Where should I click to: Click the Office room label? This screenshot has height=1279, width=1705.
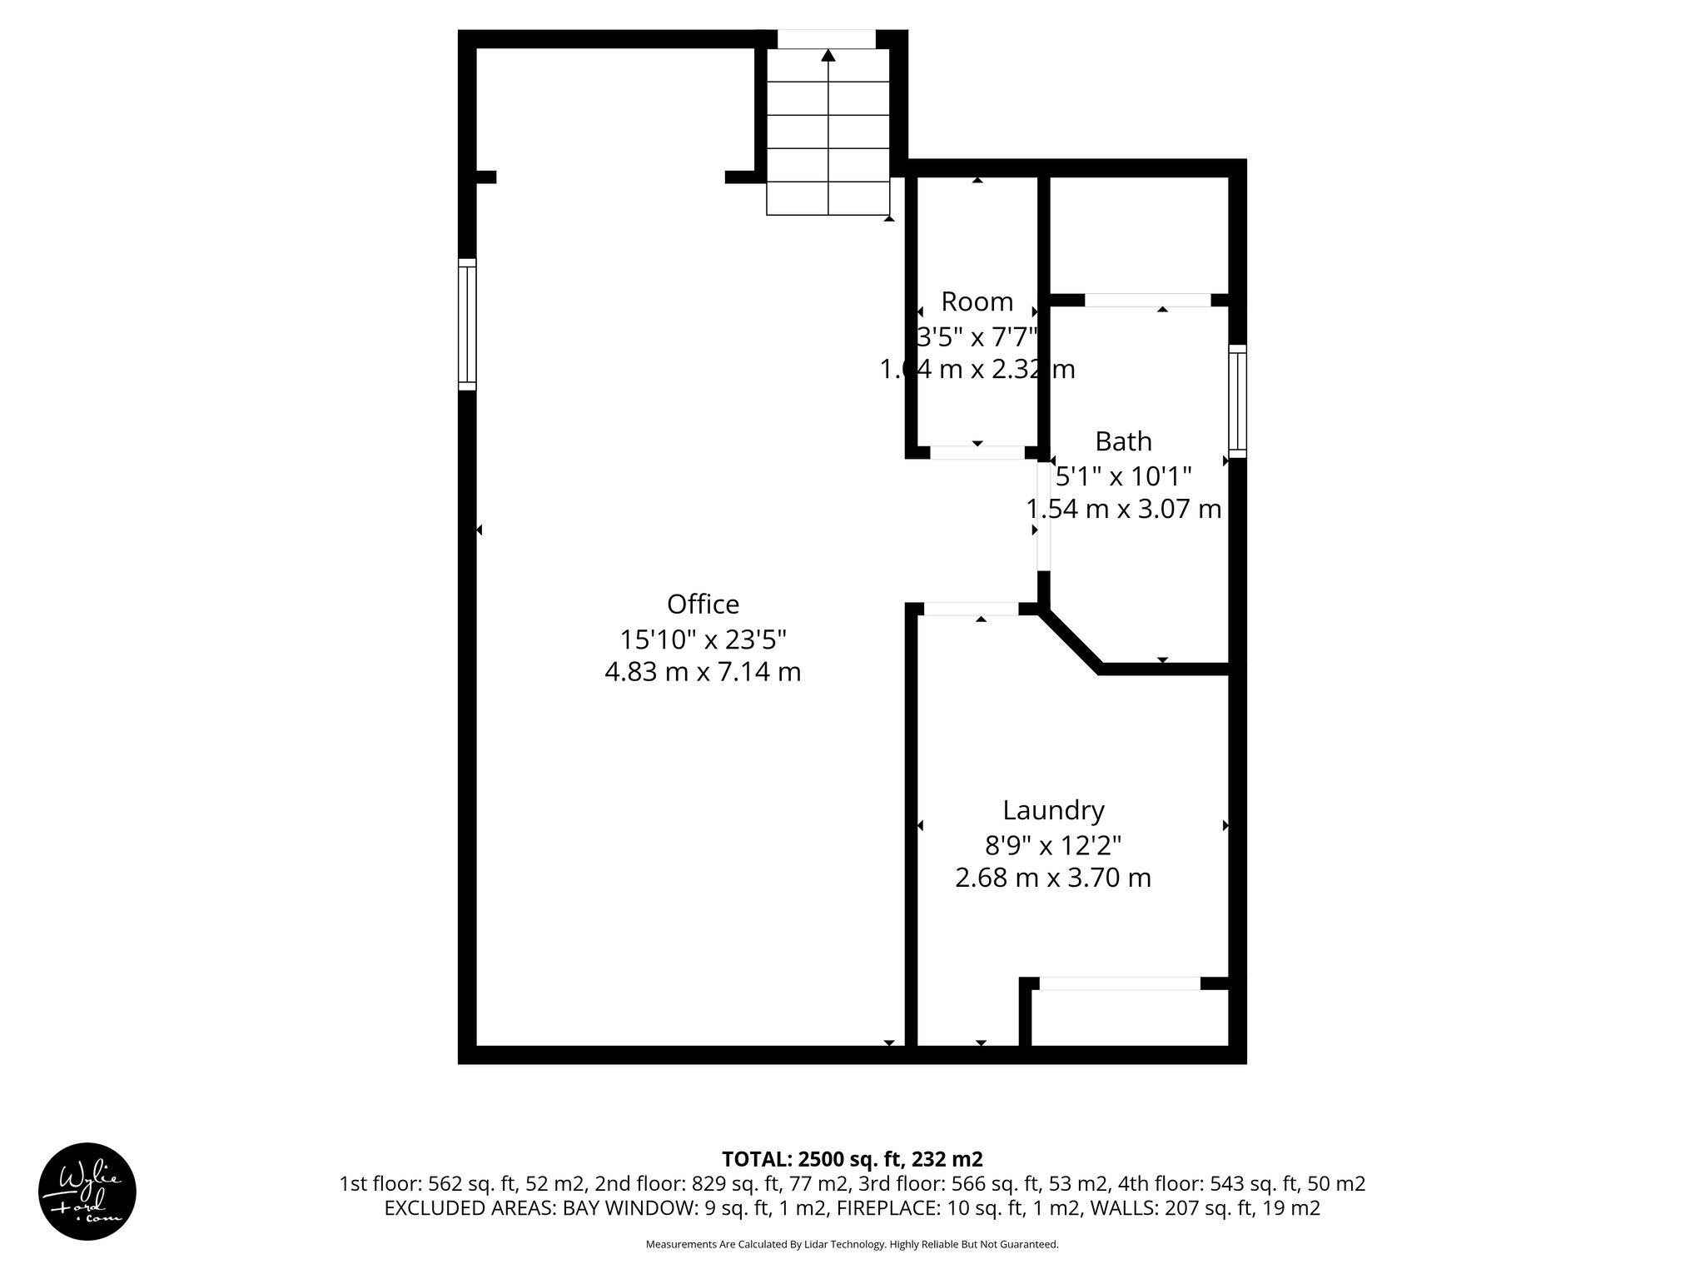703,604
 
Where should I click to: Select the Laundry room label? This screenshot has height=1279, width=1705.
1053,810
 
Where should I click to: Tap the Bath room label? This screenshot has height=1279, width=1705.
1123,440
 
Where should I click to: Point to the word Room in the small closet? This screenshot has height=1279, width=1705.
977,301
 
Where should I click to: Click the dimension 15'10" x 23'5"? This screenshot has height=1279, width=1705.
703,639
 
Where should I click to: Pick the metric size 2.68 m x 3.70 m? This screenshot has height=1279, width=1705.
1053,878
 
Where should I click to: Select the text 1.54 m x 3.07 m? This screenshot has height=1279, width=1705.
1123,509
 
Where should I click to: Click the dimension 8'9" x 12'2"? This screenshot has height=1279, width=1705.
1053,845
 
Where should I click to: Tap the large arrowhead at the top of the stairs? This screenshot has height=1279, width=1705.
828,56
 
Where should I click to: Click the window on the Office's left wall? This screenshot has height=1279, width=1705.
467,324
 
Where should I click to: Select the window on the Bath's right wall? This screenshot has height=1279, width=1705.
1238,401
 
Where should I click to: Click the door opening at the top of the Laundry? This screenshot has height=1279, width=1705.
971,609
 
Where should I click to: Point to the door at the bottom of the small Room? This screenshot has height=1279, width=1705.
977,452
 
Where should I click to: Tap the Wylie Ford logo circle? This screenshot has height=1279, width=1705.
87,1192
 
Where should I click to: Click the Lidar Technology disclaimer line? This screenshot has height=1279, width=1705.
852,1244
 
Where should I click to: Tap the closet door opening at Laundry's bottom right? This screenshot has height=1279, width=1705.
1120,983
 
